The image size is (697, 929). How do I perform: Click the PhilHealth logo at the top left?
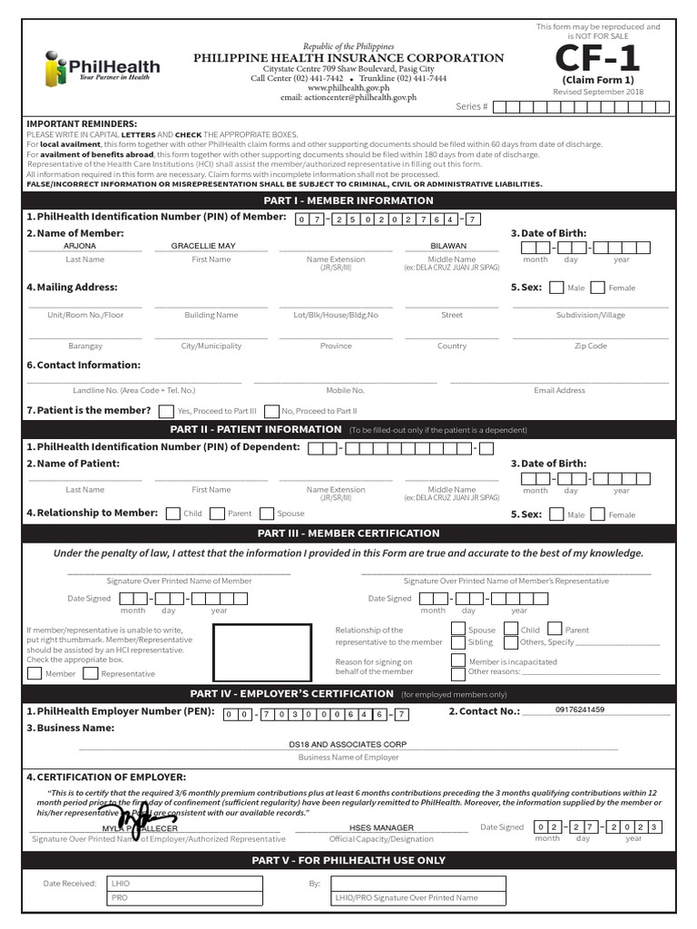click(102, 67)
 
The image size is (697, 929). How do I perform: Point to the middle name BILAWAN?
click(448, 246)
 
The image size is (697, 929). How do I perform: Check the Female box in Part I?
click(598, 288)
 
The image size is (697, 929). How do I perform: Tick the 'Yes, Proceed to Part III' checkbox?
click(167, 410)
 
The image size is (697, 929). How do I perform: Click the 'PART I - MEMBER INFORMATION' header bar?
click(348, 200)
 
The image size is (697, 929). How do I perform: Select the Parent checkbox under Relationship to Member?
click(218, 513)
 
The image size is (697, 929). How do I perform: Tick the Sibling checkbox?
click(458, 641)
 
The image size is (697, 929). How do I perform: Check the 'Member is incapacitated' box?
click(458, 661)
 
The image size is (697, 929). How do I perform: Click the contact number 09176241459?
click(580, 709)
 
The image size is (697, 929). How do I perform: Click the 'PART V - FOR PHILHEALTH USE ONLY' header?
click(348, 860)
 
